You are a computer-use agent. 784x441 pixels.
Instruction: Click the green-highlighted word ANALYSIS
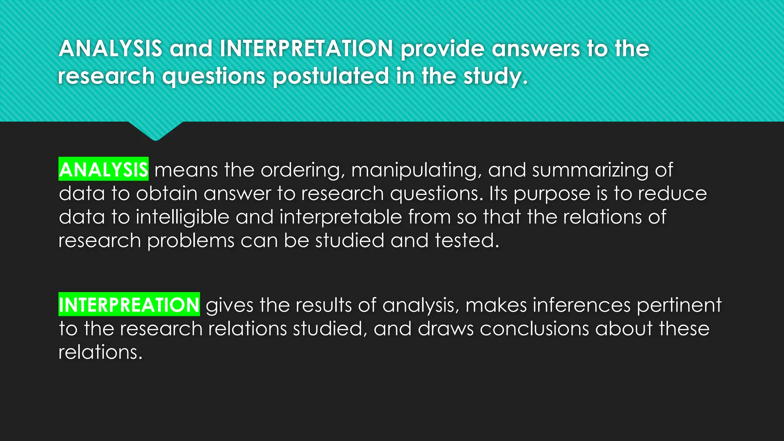103,170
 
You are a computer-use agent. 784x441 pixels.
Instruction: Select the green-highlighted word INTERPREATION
129,305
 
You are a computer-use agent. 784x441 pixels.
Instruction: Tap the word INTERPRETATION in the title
306,49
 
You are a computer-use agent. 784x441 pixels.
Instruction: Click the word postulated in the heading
331,76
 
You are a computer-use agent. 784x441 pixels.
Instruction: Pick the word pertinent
679,305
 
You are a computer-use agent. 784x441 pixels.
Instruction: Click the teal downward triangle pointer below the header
155,130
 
